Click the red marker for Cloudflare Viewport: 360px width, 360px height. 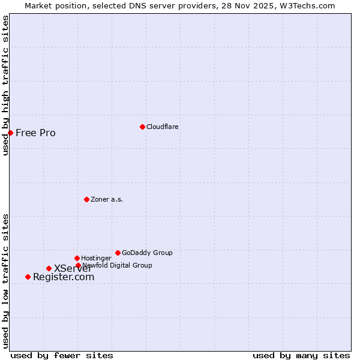(x=142, y=127)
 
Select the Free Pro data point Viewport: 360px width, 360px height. (x=10, y=133)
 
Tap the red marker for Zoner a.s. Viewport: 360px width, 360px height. (x=86, y=199)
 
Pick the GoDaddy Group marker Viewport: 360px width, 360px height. (x=118, y=253)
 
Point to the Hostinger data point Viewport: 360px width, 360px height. (x=77, y=258)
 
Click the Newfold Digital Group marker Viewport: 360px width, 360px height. (x=78, y=265)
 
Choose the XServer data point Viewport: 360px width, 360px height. (x=49, y=268)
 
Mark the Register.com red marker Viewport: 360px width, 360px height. (x=28, y=277)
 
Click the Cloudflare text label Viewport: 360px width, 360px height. (x=163, y=127)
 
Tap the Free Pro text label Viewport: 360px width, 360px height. (x=35, y=133)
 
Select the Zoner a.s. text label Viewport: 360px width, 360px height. (x=107, y=199)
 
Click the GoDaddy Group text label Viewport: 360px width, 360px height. (x=147, y=253)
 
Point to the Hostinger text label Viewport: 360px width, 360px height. (x=96, y=258)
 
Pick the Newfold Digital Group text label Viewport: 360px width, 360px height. (x=117, y=265)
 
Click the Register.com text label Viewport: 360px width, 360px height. (x=64, y=277)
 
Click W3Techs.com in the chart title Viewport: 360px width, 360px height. (x=306, y=5)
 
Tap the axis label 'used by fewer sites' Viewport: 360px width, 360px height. (x=62, y=355)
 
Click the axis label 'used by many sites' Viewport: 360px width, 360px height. (x=301, y=355)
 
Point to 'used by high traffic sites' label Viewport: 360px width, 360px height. (x=5, y=86)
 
